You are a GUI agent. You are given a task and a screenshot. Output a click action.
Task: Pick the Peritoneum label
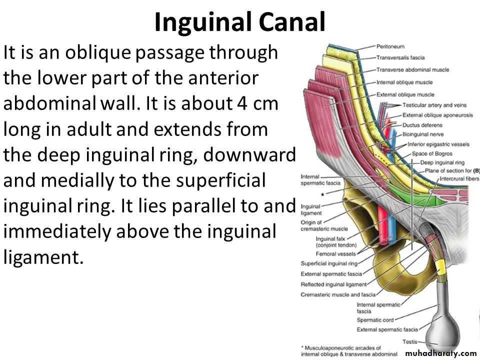click(x=390, y=46)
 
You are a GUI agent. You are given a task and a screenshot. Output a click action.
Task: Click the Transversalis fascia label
click(x=400, y=57)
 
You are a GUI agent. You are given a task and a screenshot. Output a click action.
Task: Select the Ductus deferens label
click(x=422, y=125)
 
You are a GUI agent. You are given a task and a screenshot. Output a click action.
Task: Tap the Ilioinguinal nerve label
click(x=423, y=134)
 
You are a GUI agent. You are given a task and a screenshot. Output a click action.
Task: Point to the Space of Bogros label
click(x=432, y=153)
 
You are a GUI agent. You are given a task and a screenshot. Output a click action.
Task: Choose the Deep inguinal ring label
click(x=442, y=162)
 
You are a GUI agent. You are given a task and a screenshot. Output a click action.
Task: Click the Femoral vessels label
click(x=336, y=254)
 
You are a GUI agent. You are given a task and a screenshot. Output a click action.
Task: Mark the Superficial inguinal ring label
click(x=329, y=263)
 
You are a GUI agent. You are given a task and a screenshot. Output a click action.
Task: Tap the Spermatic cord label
click(x=375, y=320)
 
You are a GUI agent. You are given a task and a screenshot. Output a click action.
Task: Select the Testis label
click(x=409, y=341)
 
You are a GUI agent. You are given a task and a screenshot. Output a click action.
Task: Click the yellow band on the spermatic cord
click(x=440, y=267)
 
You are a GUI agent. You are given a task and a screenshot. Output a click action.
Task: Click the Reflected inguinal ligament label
click(x=333, y=284)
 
